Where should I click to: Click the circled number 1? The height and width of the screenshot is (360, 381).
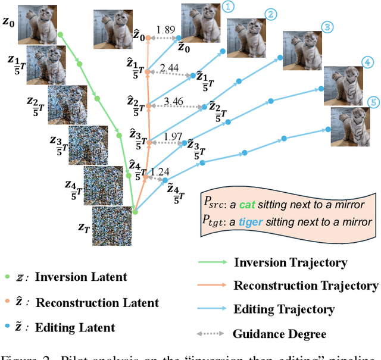point(229,7)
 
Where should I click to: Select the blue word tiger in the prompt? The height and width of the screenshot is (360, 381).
point(268,222)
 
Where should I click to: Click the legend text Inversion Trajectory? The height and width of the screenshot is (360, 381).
point(291,262)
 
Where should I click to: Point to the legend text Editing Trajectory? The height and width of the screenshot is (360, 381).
point(284,309)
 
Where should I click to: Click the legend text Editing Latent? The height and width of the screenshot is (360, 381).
point(75,327)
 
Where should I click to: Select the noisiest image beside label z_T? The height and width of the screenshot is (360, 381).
point(112,224)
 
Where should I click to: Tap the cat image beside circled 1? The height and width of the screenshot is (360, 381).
point(201,21)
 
